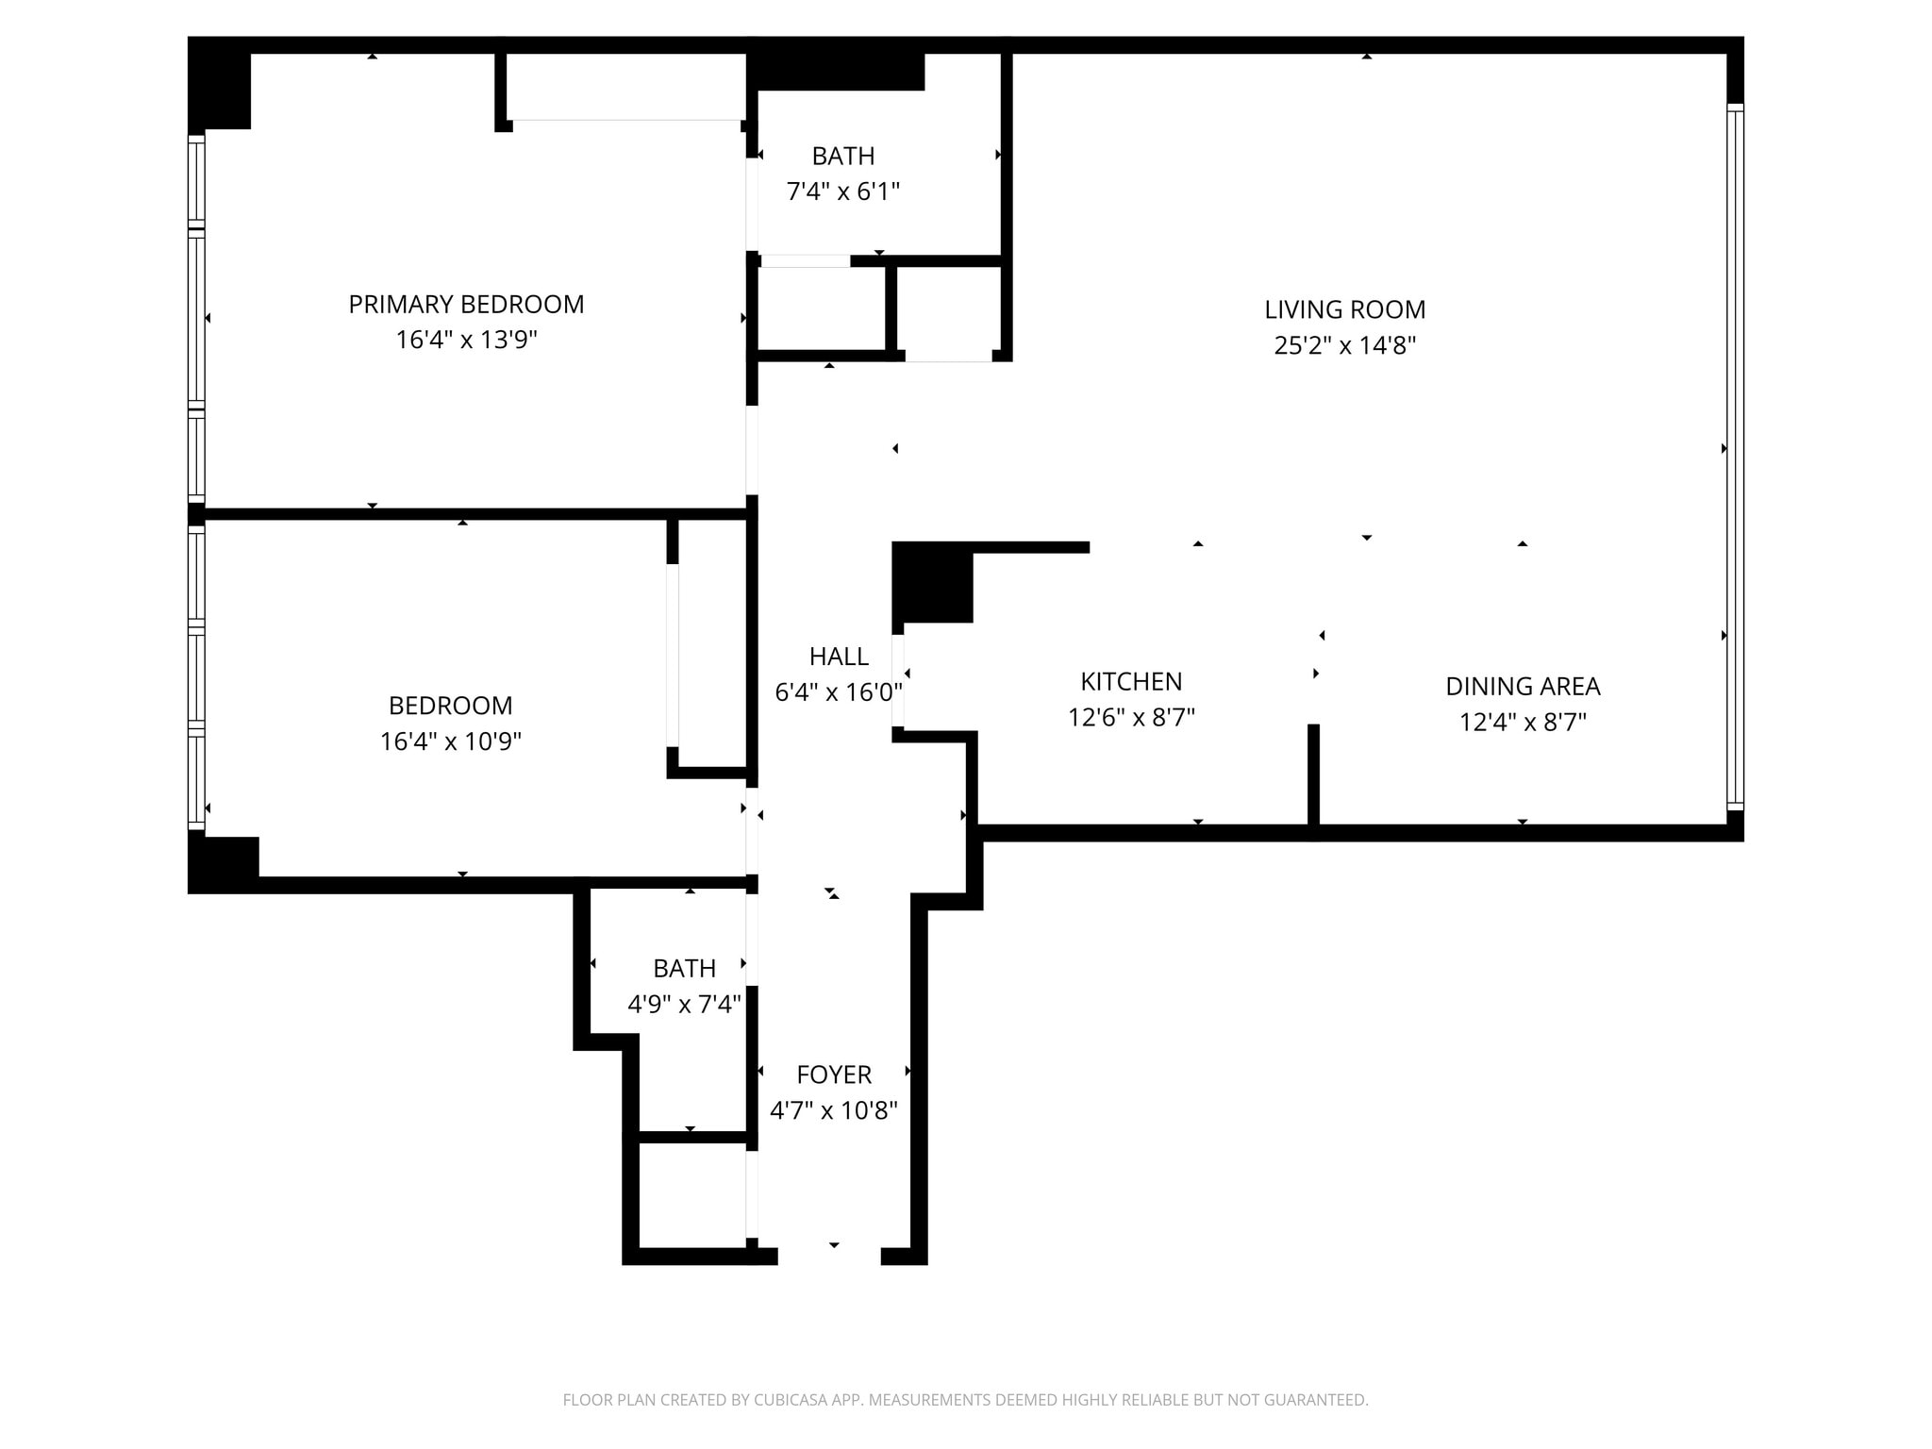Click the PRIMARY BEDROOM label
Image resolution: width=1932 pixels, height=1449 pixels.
[x=466, y=305]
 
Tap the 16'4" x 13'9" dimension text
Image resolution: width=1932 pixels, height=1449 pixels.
[x=466, y=340]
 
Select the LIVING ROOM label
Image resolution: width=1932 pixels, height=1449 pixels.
[x=1344, y=309]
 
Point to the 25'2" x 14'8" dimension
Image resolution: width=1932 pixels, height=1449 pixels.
[x=1344, y=345]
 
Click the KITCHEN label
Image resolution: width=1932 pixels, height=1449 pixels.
[x=1131, y=681]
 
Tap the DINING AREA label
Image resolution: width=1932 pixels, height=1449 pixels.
[x=1523, y=686]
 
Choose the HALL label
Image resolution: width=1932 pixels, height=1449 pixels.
[x=839, y=657]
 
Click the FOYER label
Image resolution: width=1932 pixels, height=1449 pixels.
[x=834, y=1074]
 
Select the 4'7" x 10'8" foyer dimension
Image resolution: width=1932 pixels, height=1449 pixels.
[x=834, y=1110]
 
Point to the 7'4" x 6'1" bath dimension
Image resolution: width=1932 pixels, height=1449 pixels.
[x=843, y=192]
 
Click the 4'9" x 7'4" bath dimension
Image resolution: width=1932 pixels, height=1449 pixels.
[x=684, y=1004]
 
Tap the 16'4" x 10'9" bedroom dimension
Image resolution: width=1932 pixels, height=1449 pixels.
[x=450, y=741]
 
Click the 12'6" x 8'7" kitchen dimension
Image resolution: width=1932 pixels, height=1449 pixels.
[x=1131, y=718]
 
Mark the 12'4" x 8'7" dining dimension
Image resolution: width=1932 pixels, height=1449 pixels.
[x=1523, y=723]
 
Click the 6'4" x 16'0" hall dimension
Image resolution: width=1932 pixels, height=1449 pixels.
[x=839, y=692]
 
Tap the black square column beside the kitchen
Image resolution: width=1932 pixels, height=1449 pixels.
[x=932, y=582]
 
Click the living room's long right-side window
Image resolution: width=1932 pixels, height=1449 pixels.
[x=1735, y=457]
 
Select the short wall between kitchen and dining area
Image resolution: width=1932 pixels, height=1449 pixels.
[x=1313, y=775]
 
